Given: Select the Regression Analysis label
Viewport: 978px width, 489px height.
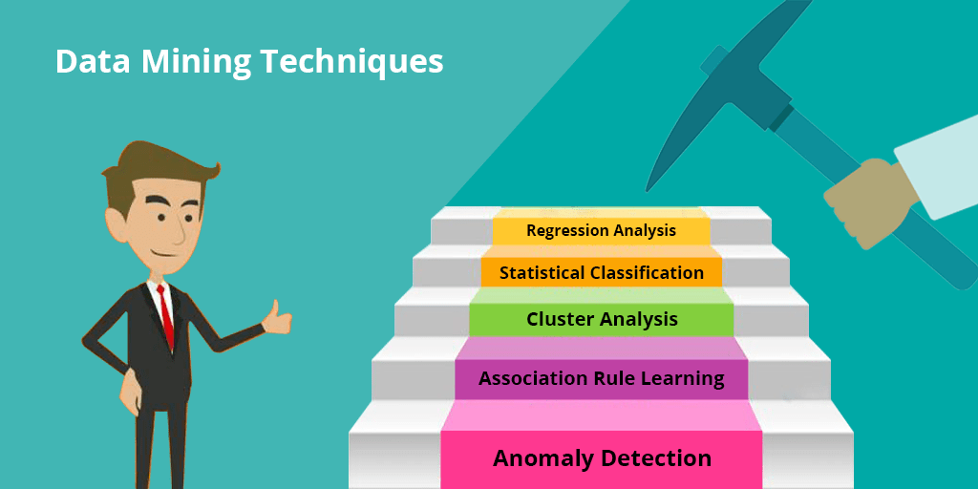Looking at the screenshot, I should point(601,230).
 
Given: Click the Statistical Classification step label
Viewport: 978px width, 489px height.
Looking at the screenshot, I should point(601,273).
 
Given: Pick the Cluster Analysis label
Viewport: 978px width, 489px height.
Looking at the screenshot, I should point(602,319).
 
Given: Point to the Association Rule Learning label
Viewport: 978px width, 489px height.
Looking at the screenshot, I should point(602,378).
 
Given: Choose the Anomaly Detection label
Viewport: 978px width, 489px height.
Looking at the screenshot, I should point(602,458).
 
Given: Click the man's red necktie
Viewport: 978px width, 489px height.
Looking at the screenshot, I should point(168,314).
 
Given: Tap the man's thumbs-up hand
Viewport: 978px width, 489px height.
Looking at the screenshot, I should point(277,317).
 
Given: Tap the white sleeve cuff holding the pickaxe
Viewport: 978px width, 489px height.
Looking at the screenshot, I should point(936,172).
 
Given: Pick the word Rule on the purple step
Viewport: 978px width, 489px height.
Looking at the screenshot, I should point(614,378).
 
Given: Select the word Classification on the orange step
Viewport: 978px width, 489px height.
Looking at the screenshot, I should point(648,273).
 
